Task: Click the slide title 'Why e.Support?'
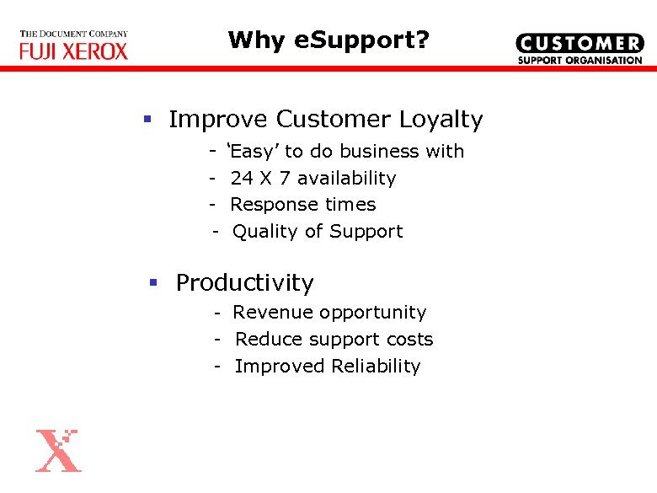click(328, 40)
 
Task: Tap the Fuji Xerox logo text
click(74, 51)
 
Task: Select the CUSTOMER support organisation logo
click(579, 49)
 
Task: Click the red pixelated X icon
click(58, 450)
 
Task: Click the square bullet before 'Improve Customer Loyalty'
click(147, 121)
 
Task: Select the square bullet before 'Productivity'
click(153, 283)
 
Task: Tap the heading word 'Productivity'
click(244, 283)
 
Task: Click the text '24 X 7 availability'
click(312, 178)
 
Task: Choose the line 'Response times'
click(302, 205)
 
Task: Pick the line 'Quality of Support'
click(318, 232)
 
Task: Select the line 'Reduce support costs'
click(334, 340)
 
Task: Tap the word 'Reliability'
click(376, 367)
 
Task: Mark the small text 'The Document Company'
click(74, 35)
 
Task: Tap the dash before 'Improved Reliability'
click(217, 367)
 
